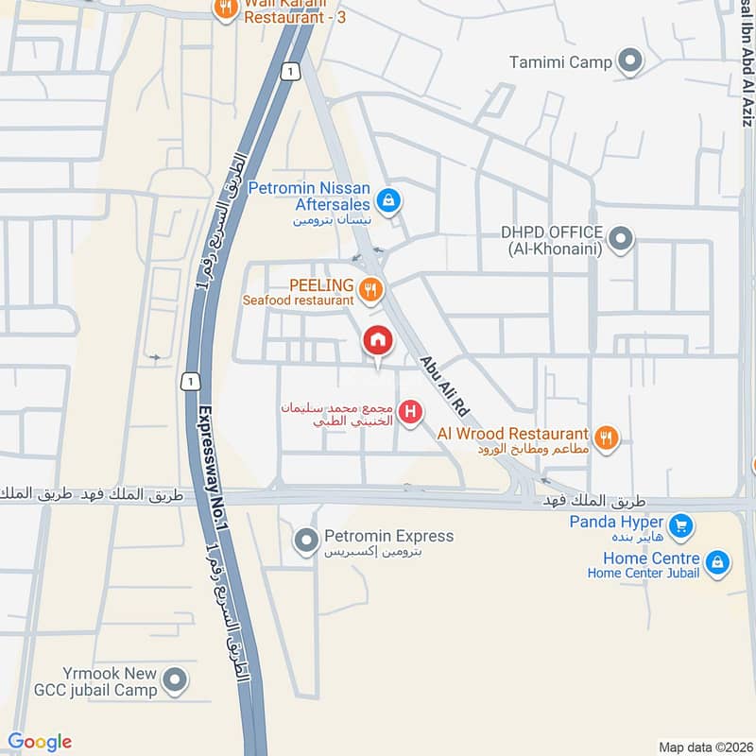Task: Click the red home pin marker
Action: (378, 340)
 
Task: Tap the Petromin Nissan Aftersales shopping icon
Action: (387, 200)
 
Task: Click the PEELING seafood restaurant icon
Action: (371, 290)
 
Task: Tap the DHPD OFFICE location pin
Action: (621, 239)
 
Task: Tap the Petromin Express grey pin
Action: (305, 541)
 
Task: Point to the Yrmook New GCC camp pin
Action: (175, 679)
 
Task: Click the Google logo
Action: (40, 742)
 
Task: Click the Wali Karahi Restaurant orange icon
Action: (224, 9)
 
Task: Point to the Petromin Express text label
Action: (388, 536)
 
